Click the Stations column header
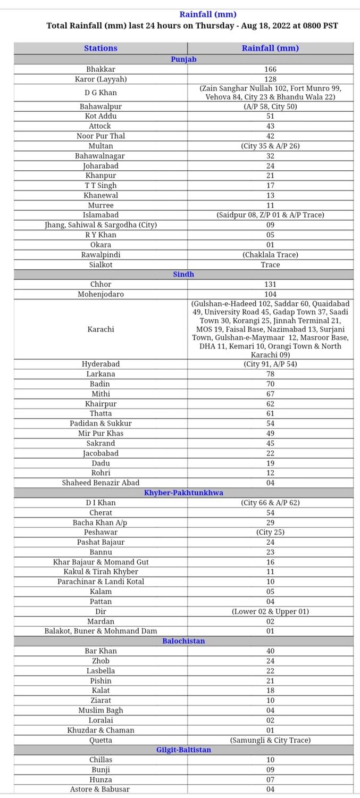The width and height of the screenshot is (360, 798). pos(101,48)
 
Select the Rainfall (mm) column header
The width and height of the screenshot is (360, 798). pos(270,48)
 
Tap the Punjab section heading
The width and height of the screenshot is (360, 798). pos(183,59)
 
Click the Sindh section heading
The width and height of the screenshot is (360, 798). pos(183,275)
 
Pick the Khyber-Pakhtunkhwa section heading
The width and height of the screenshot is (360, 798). pos(183,493)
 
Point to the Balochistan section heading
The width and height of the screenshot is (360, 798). pos(183,641)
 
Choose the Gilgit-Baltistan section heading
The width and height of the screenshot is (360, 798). pos(183,750)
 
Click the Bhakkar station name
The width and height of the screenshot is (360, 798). pos(101,69)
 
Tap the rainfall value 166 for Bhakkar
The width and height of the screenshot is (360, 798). pos(270,69)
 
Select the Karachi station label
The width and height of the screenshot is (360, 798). pos(101,329)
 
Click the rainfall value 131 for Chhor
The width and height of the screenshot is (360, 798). pos(270,284)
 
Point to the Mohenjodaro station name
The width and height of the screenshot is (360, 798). pos(101,294)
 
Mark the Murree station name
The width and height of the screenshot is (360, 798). pos(101,205)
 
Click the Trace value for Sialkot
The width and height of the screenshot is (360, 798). pos(270,264)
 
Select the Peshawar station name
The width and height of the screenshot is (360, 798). pos(101,532)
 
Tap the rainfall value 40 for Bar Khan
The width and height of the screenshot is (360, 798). pos(270,651)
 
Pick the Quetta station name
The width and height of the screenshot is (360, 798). pos(101,740)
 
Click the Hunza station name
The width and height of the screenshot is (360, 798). pos(101,779)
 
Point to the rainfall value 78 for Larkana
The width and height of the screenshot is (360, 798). pos(270,374)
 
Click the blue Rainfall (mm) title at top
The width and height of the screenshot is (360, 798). pos(207,14)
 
